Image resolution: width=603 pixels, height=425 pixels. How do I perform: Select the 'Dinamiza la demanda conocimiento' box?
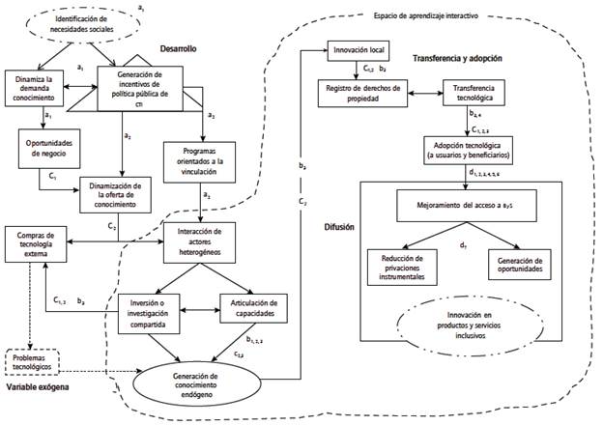(34, 88)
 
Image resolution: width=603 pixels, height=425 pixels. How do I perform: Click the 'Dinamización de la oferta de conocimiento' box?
(116, 194)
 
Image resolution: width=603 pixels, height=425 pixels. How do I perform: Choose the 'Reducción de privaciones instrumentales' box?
(403, 267)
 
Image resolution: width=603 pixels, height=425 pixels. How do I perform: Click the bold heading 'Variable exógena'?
(40, 387)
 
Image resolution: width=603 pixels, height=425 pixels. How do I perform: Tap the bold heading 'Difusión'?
(327, 229)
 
